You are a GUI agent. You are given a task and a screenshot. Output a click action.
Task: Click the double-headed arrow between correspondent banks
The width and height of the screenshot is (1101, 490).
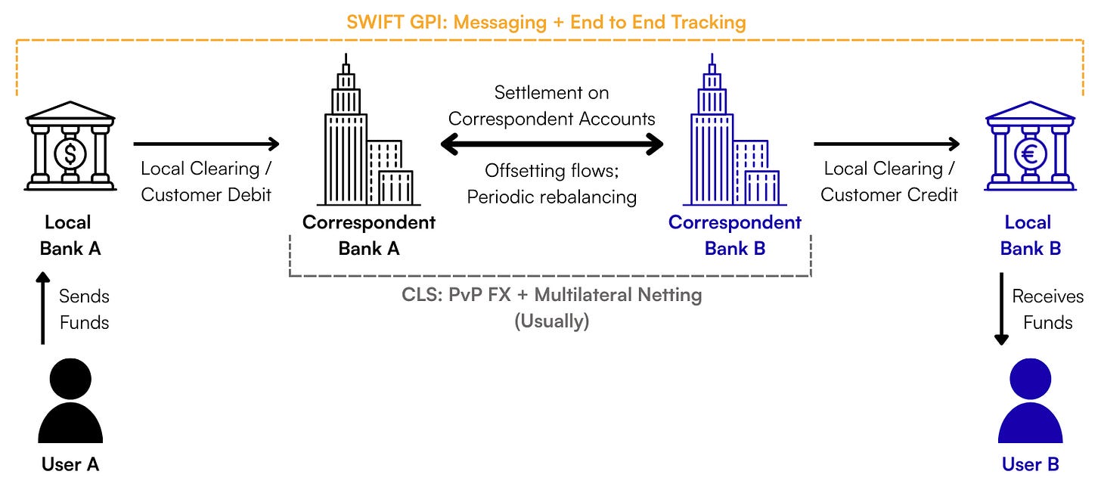click(552, 144)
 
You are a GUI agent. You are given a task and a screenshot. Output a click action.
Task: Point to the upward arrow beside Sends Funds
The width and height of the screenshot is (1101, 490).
click(42, 310)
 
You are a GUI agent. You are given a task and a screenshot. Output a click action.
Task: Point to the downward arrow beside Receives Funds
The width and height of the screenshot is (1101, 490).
click(1002, 310)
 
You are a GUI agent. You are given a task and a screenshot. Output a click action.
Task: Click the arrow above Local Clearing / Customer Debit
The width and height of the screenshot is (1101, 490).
click(206, 144)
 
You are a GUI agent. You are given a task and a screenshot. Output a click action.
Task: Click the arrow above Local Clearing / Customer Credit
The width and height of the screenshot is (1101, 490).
click(886, 144)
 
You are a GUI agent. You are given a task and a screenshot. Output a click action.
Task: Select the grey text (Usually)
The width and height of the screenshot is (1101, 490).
click(551, 321)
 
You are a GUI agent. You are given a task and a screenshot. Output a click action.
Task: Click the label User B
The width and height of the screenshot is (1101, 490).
click(1030, 464)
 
